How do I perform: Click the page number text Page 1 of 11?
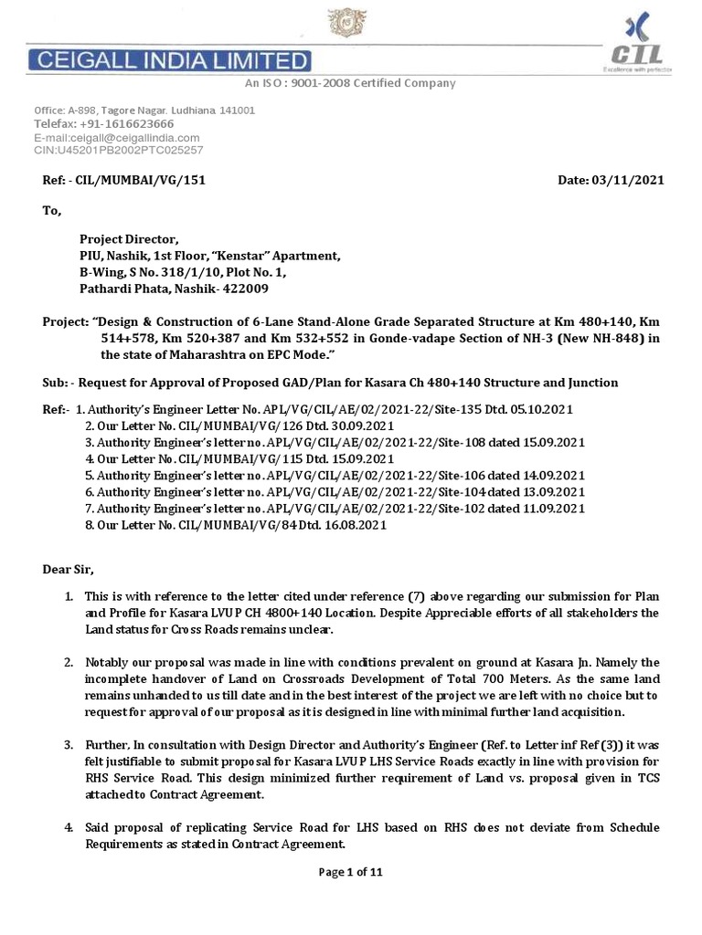(350, 872)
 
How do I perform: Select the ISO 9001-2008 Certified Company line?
(349, 83)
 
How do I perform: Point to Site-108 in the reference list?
(472, 442)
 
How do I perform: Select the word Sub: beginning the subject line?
(56, 382)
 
